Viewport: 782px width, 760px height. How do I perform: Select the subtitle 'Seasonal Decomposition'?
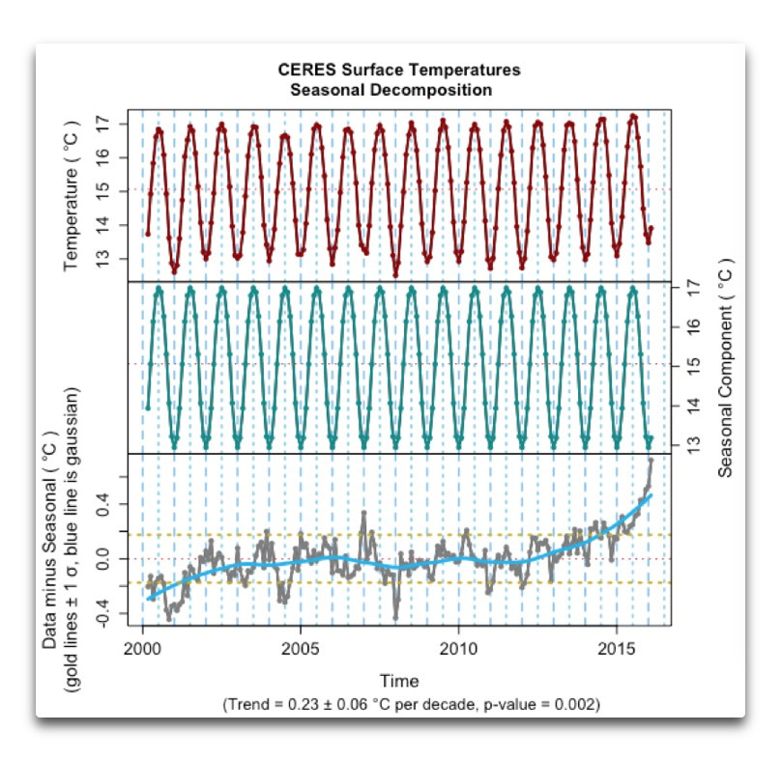coord(385,90)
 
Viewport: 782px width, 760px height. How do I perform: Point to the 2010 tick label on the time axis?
coord(458,644)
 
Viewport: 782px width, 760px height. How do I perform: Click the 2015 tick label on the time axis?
coord(617,644)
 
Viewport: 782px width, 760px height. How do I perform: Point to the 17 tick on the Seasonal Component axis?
coord(692,288)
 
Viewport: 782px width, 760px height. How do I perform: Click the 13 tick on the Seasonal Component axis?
coord(692,443)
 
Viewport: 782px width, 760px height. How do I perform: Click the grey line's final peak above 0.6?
coord(651,460)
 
